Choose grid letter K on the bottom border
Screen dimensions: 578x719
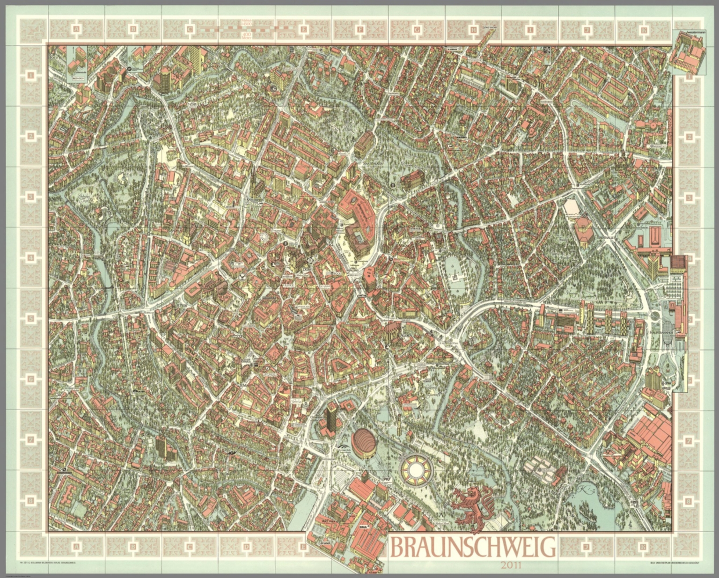[644, 546]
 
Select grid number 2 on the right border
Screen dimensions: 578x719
[689, 136]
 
